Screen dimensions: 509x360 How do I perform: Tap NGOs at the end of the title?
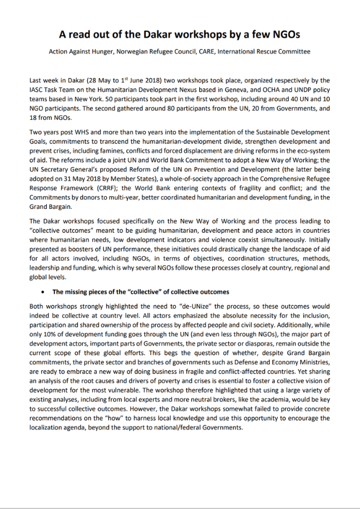pyautogui.click(x=285, y=35)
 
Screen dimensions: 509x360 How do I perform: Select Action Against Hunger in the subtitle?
pyautogui.click(x=81, y=52)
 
